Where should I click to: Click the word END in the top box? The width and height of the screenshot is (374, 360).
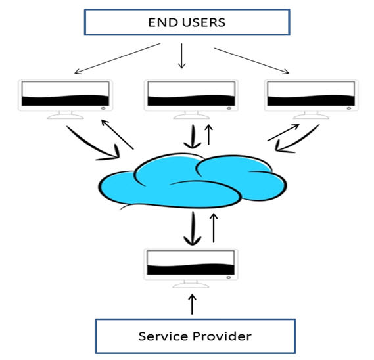tap(164, 22)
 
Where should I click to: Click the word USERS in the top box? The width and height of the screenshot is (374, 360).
tap(204, 22)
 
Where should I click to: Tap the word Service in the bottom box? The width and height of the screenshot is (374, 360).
tap(163, 336)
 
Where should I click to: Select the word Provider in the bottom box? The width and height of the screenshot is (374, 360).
tap(222, 336)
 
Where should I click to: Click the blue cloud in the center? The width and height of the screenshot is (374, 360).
tap(192, 181)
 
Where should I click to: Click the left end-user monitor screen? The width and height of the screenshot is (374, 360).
tap(65, 94)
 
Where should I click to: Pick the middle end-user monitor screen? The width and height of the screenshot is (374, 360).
tap(191, 94)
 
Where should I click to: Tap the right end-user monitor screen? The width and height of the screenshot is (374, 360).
tap(311, 94)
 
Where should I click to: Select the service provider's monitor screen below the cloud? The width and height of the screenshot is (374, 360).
tap(191, 263)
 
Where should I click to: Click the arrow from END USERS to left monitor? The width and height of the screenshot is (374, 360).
tap(118, 58)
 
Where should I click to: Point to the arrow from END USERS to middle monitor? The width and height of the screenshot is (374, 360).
tap(182, 56)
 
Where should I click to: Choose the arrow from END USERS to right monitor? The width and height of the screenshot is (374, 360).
tap(251, 61)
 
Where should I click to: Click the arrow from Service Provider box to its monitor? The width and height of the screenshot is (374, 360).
tap(192, 304)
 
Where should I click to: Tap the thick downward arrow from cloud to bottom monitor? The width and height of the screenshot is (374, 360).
tap(193, 229)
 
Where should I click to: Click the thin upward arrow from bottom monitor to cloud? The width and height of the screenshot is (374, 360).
tap(214, 228)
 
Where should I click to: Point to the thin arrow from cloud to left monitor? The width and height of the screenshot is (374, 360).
tap(118, 135)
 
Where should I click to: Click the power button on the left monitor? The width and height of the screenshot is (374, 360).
tap(103, 108)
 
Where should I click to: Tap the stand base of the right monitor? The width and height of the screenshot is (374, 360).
tap(311, 116)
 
